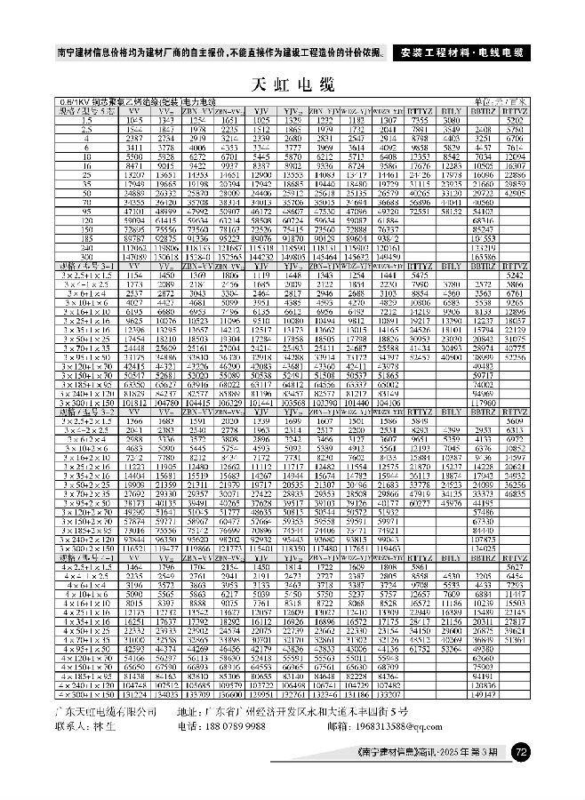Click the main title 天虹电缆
[292, 85]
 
